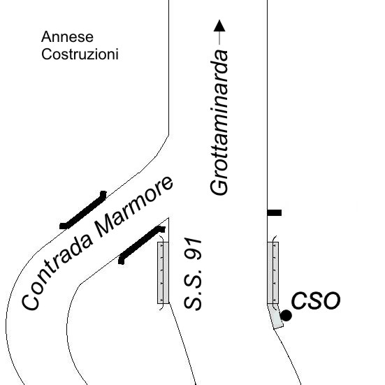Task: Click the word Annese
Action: tap(67, 37)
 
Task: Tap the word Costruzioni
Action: tap(80, 55)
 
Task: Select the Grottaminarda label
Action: tap(219, 122)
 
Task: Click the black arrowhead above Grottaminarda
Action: tap(219, 26)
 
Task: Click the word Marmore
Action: tap(135, 207)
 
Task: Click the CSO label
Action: tap(316, 300)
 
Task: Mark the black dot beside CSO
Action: tap(286, 316)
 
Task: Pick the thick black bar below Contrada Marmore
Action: tap(141, 245)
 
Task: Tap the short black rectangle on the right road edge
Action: tap(275, 212)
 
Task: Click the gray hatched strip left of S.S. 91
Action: tap(164, 273)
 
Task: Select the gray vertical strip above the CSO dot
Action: tap(273, 273)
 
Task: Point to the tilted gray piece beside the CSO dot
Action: tap(276, 317)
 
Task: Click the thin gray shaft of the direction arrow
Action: tap(219, 38)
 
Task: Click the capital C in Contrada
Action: tap(31, 302)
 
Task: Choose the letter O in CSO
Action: tap(331, 300)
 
